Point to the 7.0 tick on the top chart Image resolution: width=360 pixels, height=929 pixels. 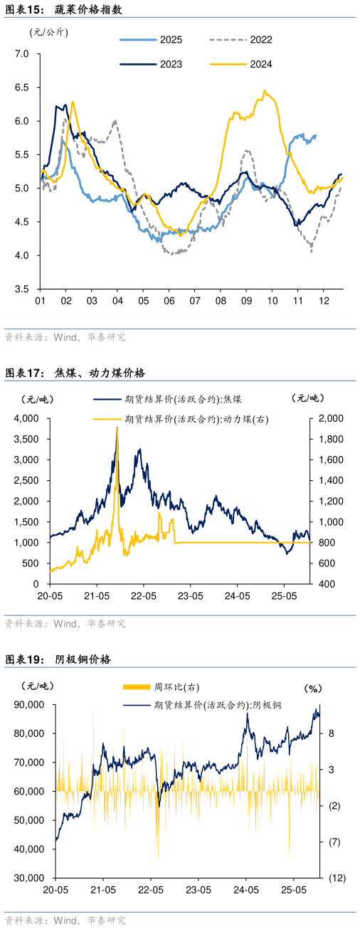[x=21, y=54]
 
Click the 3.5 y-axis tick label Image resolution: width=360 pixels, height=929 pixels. [x=21, y=290]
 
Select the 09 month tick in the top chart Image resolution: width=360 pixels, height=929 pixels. [x=245, y=302]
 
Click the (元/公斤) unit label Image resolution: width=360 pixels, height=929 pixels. [x=49, y=31]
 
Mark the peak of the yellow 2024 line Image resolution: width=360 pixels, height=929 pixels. [x=265, y=90]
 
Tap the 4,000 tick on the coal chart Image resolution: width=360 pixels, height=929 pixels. [x=26, y=418]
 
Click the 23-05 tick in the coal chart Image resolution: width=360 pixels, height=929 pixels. [x=190, y=595]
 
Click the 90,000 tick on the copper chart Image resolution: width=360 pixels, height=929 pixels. [x=29, y=704]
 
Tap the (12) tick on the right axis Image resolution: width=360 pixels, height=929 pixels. [x=337, y=878]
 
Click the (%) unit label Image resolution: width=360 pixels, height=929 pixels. [x=314, y=689]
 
